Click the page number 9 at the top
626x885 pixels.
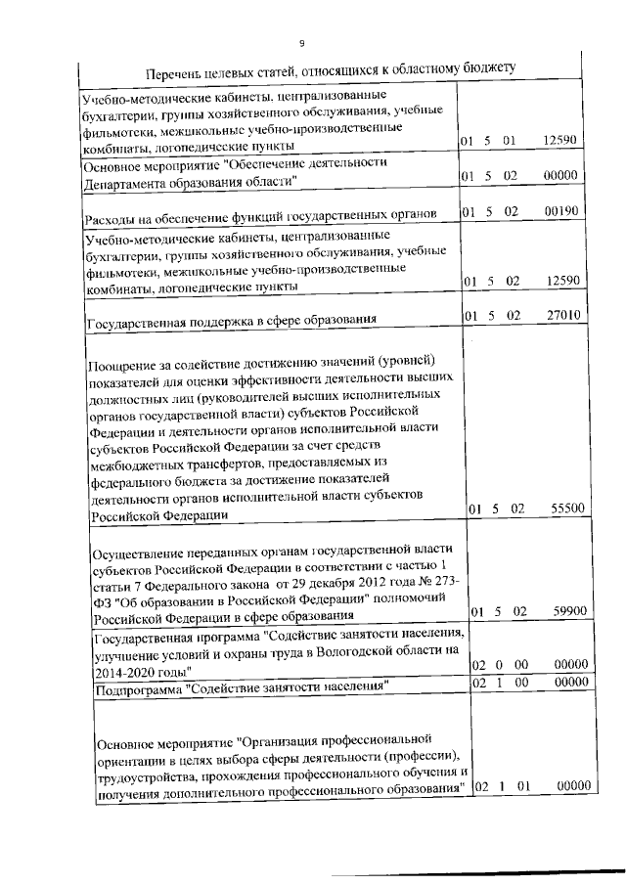[x=301, y=43]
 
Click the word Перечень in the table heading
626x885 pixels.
[x=176, y=75]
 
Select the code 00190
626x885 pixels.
[x=562, y=210]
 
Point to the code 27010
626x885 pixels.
[x=562, y=315]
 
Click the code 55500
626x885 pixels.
[x=562, y=509]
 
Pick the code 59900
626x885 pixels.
[x=562, y=611]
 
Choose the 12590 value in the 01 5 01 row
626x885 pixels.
[x=562, y=142]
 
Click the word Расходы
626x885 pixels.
[x=112, y=217]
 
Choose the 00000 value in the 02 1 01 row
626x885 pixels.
[x=562, y=788]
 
